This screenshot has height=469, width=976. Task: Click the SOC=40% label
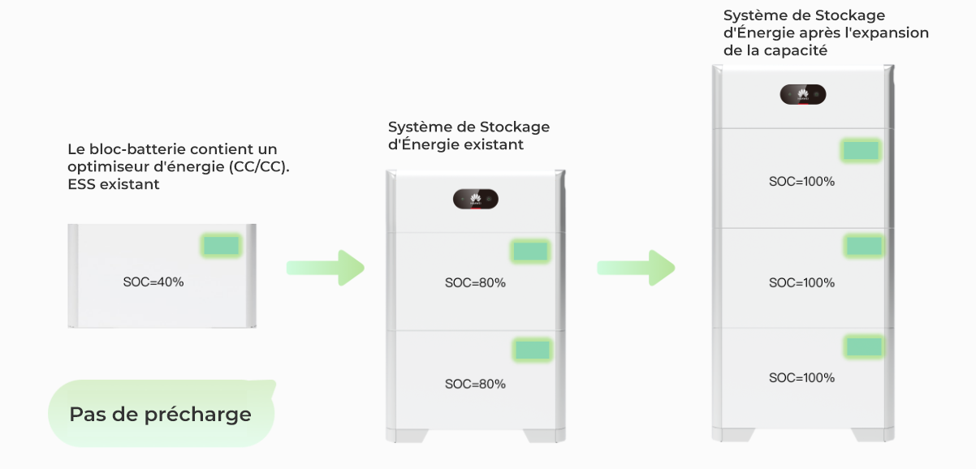pyautogui.click(x=153, y=282)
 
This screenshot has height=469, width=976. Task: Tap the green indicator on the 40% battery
pyautogui.click(x=221, y=246)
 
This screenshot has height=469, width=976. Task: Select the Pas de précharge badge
pyautogui.click(x=161, y=414)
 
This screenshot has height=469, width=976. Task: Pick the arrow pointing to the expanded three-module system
pyautogui.click(x=635, y=268)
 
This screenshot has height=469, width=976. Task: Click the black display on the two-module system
pyautogui.click(x=475, y=200)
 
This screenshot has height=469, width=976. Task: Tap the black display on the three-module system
pyautogui.click(x=803, y=95)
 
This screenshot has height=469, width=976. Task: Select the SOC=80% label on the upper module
pyautogui.click(x=475, y=282)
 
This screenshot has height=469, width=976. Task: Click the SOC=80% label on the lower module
pyautogui.click(x=475, y=383)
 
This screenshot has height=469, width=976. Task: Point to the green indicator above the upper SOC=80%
pyautogui.click(x=531, y=252)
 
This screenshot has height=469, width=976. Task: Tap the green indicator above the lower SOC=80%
pyautogui.click(x=532, y=350)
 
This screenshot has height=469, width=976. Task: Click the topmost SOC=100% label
pyautogui.click(x=801, y=181)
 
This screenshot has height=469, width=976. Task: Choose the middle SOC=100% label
pyautogui.click(x=801, y=282)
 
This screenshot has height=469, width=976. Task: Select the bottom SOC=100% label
pyautogui.click(x=801, y=377)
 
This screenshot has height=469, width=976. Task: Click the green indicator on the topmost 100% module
pyautogui.click(x=861, y=150)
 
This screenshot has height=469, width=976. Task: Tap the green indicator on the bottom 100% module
pyautogui.click(x=864, y=346)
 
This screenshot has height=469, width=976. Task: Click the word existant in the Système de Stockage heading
pyautogui.click(x=496, y=144)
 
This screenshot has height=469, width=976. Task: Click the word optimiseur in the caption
pyautogui.click(x=102, y=166)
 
